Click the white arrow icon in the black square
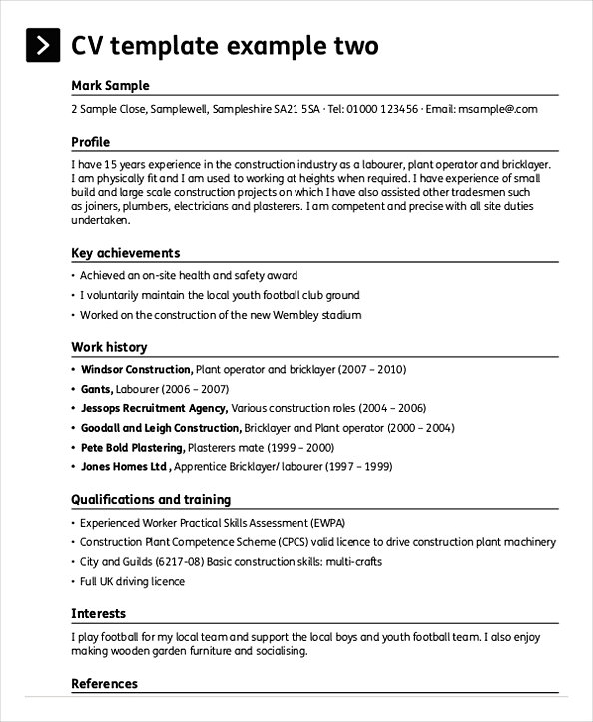point(42,46)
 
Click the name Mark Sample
point(110,85)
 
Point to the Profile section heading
point(91,142)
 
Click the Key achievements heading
point(126,253)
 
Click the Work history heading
point(109,347)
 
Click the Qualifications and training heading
point(151,499)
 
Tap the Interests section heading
point(98,612)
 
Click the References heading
point(104,684)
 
